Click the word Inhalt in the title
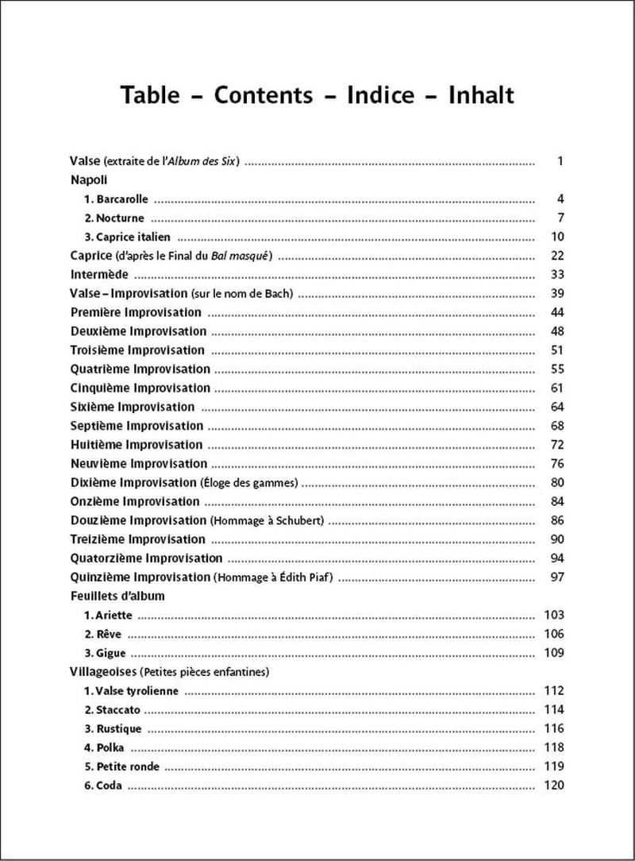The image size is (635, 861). (482, 95)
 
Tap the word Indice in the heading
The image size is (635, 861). (381, 95)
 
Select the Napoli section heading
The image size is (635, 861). (89, 180)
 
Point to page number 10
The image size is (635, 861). (556, 237)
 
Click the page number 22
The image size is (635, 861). (556, 256)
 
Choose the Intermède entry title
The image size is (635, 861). (99, 275)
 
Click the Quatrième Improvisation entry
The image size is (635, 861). (140, 369)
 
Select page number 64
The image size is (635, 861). (556, 407)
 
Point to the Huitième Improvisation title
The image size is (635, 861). (137, 445)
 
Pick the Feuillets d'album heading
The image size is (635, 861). (117, 596)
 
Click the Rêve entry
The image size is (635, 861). (104, 635)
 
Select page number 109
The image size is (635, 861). (553, 653)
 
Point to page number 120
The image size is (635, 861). (553, 786)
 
